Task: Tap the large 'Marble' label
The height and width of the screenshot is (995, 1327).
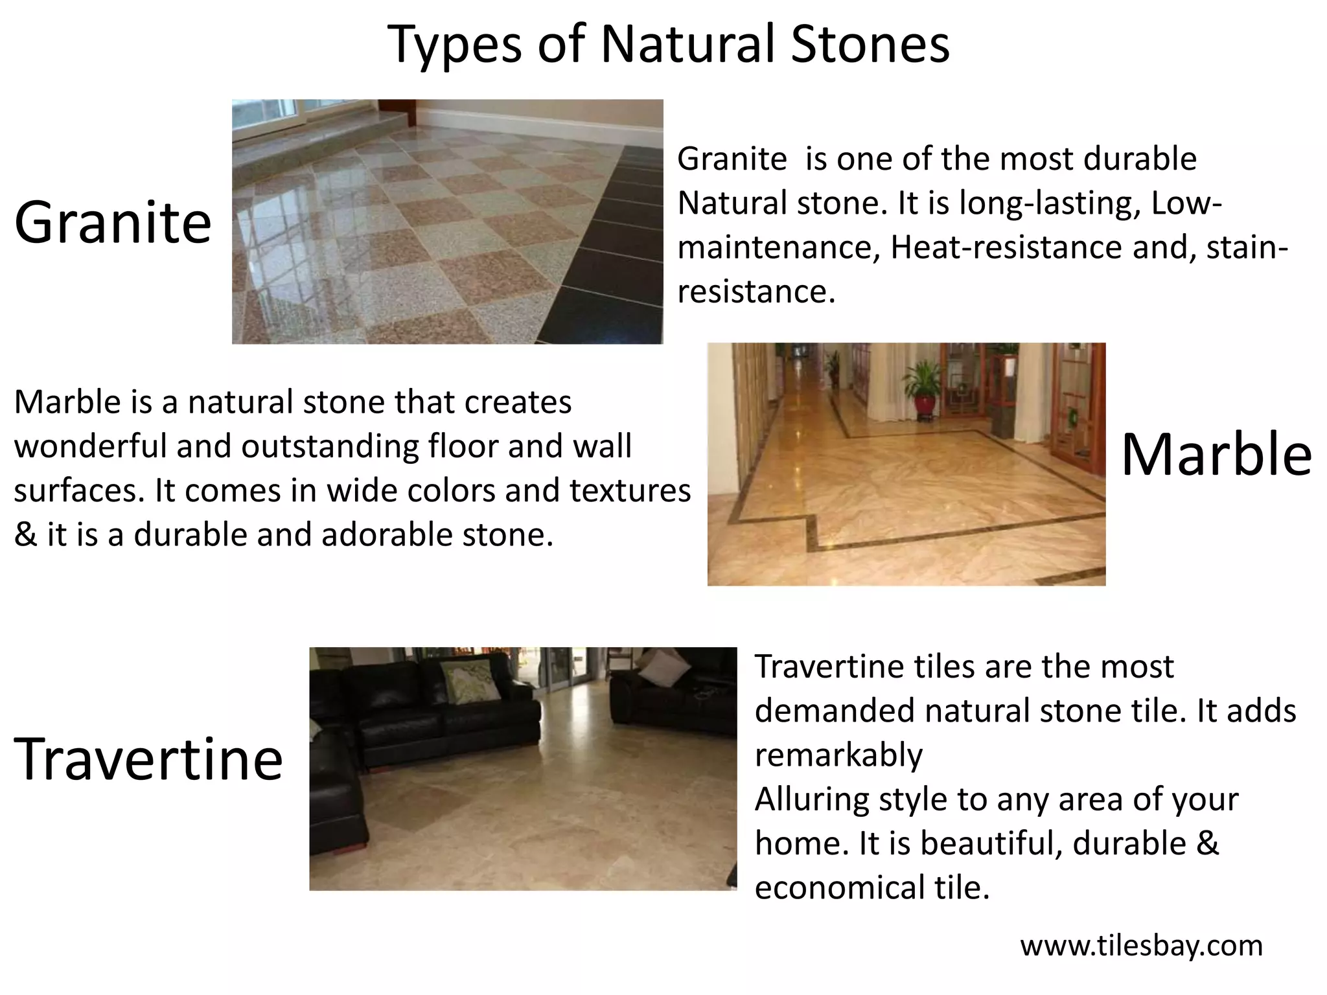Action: (x=1216, y=454)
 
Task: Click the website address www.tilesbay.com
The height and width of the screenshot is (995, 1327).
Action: (x=1141, y=946)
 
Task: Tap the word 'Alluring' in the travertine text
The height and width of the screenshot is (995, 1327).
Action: (x=811, y=799)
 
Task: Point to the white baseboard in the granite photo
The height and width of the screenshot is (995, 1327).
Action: (x=538, y=119)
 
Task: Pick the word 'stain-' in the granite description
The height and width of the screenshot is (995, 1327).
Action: (x=1247, y=247)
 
